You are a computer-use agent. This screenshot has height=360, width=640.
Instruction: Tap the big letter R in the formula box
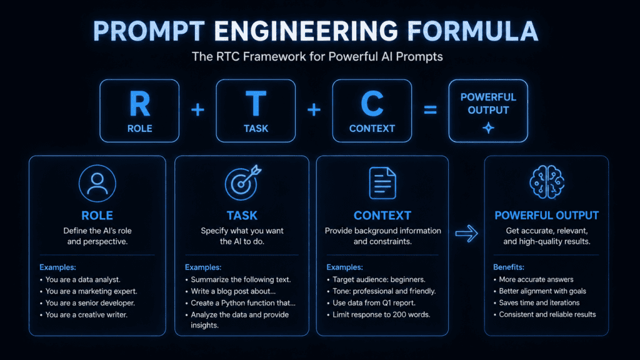click(139, 104)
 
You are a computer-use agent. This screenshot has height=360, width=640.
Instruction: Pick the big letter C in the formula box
click(372, 104)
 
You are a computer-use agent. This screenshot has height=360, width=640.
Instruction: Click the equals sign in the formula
click(430, 110)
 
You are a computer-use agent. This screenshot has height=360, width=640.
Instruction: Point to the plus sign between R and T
click(197, 110)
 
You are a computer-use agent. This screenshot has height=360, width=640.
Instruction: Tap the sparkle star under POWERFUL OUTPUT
click(488, 128)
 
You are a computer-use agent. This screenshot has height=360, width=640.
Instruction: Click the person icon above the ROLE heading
click(97, 183)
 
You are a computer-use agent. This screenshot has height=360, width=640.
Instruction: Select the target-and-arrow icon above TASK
click(243, 182)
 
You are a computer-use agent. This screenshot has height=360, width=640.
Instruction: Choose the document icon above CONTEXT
click(382, 183)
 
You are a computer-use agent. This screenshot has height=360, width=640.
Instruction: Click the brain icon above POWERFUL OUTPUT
click(547, 182)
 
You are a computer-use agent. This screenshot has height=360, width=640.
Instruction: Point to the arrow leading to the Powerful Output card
click(466, 234)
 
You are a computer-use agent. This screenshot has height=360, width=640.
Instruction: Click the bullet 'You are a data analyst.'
click(83, 279)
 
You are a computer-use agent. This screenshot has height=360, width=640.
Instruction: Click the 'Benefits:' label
click(509, 267)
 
